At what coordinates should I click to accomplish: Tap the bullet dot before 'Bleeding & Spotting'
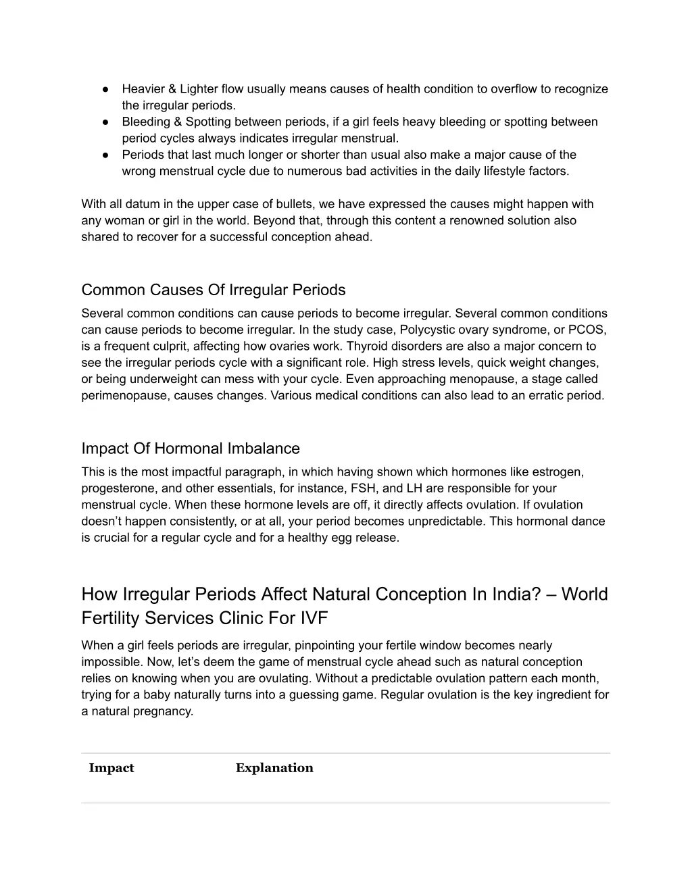[x=107, y=122]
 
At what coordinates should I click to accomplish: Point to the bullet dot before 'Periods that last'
[x=107, y=155]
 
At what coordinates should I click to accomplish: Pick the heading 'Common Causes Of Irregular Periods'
[x=214, y=290]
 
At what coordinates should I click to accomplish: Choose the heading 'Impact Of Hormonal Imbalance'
[x=191, y=449]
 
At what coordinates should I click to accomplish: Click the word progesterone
[x=116, y=488]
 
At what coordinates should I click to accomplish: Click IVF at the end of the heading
[x=311, y=619]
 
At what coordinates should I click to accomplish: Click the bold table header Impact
[x=112, y=768]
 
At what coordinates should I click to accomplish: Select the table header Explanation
[x=274, y=768]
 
